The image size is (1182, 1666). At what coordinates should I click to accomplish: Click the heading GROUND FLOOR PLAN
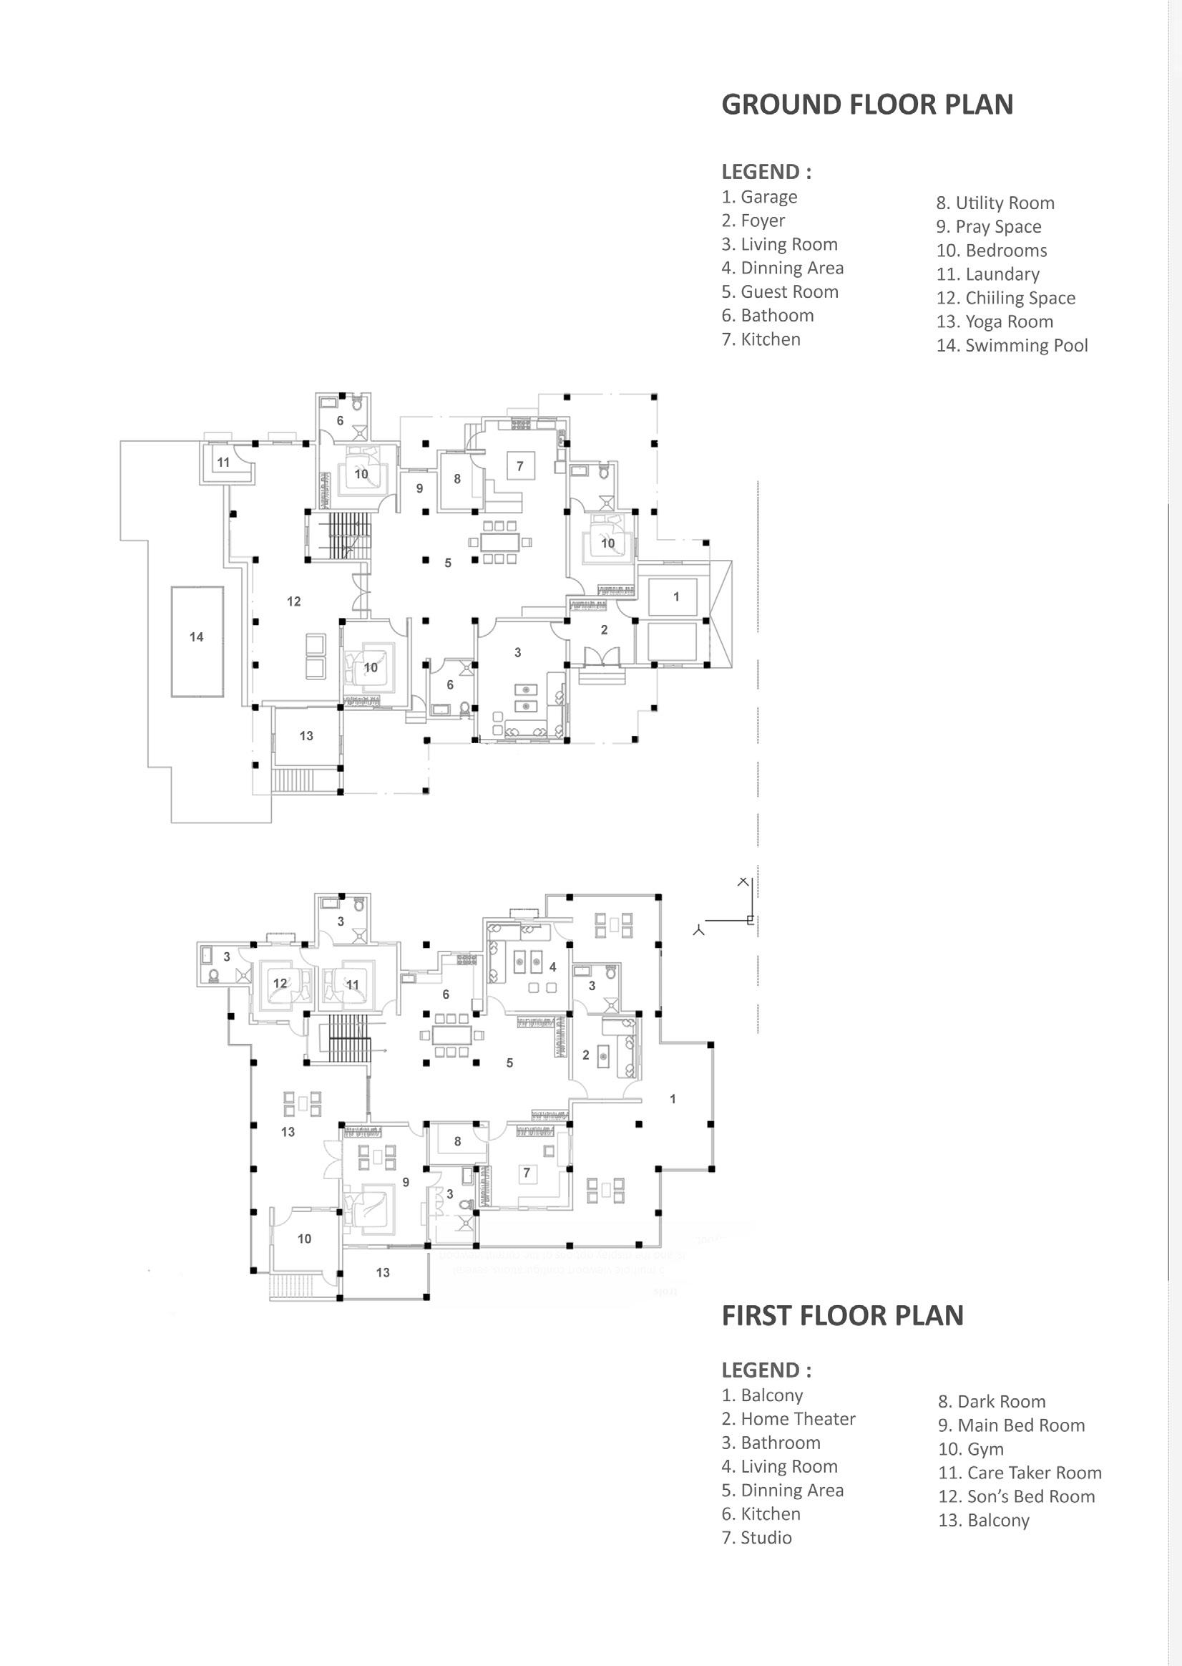point(867,105)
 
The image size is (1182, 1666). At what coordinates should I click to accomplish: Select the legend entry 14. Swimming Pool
point(1012,345)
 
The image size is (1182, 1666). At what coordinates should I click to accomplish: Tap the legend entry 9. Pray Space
point(988,226)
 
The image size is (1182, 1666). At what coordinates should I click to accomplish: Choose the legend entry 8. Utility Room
point(995,203)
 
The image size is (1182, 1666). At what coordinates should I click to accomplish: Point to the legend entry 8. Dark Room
point(991,1402)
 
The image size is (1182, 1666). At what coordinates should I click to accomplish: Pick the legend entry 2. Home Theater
point(788,1419)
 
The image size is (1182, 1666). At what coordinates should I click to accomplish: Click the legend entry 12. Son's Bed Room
point(1016,1496)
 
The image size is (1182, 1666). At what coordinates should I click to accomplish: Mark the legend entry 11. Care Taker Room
point(1020,1473)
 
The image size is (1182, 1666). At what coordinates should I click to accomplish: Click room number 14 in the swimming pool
point(197,637)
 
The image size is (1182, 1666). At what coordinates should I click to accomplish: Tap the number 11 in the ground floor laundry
point(223,462)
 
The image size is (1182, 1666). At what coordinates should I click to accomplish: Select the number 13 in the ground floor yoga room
point(306,736)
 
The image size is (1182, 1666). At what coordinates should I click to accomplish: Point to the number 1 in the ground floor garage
point(676,596)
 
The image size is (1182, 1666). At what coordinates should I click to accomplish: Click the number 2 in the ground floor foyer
point(604,630)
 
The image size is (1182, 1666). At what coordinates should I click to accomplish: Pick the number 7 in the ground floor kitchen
point(519,466)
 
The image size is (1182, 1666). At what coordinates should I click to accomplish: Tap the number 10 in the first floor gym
point(304,1239)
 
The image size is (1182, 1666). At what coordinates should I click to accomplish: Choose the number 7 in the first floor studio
point(527,1172)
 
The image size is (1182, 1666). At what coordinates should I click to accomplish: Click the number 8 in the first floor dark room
point(457,1141)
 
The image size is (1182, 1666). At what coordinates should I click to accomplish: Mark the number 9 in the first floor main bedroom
point(406,1182)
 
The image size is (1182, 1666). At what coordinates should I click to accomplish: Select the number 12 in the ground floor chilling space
point(293,601)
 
